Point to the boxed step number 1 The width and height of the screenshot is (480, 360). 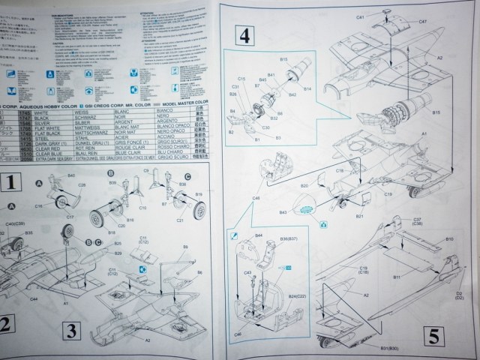pyautogui.click(x=9, y=181)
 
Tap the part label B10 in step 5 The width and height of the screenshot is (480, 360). pyautogui.click(x=449, y=239)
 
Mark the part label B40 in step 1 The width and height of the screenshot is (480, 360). pyautogui.click(x=70, y=175)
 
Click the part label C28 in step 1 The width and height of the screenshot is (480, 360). pyautogui.click(x=82, y=184)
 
